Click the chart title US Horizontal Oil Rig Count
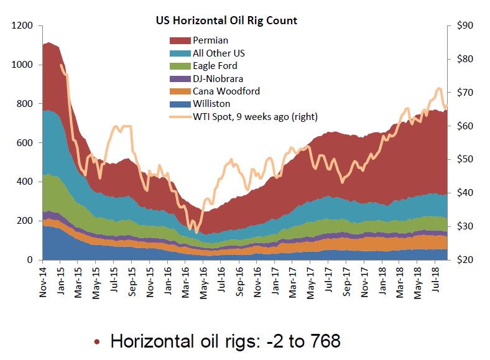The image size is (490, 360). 226,21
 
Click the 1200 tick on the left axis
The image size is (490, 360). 23,26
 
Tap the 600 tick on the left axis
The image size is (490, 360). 25,143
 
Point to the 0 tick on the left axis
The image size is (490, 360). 31,260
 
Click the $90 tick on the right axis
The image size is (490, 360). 465,26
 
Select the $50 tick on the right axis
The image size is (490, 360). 465,160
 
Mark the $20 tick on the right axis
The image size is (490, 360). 465,260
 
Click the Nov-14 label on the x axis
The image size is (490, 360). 44,280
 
